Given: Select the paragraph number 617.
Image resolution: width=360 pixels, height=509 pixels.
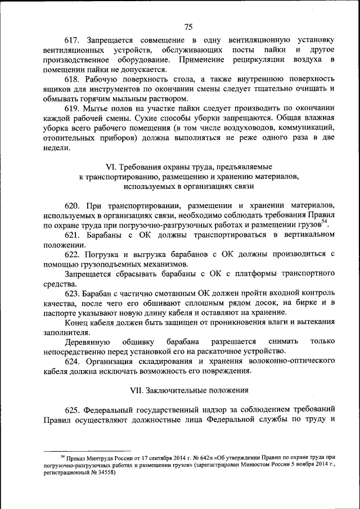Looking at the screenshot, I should pyautogui.click(x=72, y=40).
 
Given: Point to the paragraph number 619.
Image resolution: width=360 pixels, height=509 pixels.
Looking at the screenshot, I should pyautogui.click(x=72, y=108).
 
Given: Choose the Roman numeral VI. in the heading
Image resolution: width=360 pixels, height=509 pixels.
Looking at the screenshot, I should pyautogui.click(x=113, y=167).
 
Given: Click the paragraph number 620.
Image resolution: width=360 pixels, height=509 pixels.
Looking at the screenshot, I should pyautogui.click(x=72, y=205).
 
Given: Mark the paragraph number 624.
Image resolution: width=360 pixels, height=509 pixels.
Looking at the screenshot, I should pyautogui.click(x=72, y=361).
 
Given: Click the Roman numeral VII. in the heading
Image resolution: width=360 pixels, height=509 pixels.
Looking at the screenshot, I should pyautogui.click(x=134, y=390).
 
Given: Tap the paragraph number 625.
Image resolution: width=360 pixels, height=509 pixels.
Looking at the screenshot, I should pyautogui.click(x=72, y=409).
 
